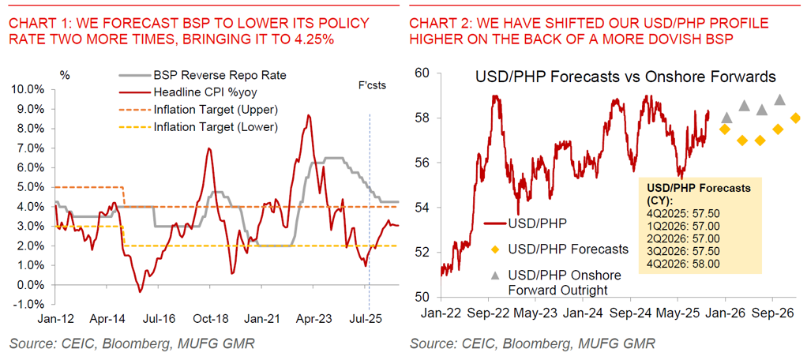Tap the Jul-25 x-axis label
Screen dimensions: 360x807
368,321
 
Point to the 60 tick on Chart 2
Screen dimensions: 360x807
421,73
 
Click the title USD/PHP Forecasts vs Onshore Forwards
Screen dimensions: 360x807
625,77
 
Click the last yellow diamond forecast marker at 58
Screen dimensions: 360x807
795,118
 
